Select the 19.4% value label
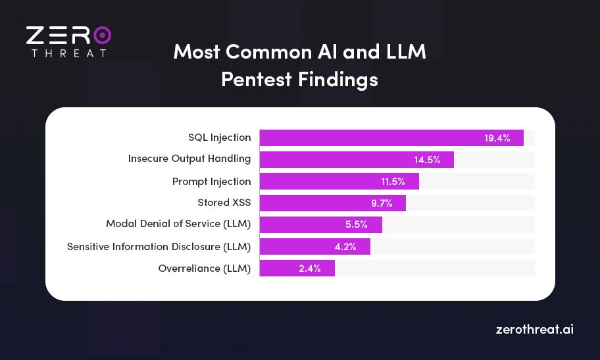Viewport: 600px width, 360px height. (x=497, y=138)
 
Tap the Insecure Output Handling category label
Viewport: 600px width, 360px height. (x=189, y=159)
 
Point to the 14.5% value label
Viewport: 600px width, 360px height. (x=427, y=160)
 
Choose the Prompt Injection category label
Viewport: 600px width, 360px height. (x=211, y=181)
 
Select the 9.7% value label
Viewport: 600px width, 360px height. (x=380, y=203)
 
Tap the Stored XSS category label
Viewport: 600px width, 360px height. (x=224, y=202)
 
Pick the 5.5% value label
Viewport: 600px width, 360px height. (x=356, y=224)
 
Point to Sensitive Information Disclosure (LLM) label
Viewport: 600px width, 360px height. (x=159, y=246)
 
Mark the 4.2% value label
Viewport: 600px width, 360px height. (x=345, y=247)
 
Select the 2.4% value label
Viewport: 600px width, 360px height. (x=309, y=269)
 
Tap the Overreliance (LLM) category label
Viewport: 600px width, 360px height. (x=204, y=268)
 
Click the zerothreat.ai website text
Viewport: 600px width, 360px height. (x=534, y=329)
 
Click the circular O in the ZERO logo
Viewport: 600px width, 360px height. (x=101, y=36)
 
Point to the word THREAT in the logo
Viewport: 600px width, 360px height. (x=68, y=53)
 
